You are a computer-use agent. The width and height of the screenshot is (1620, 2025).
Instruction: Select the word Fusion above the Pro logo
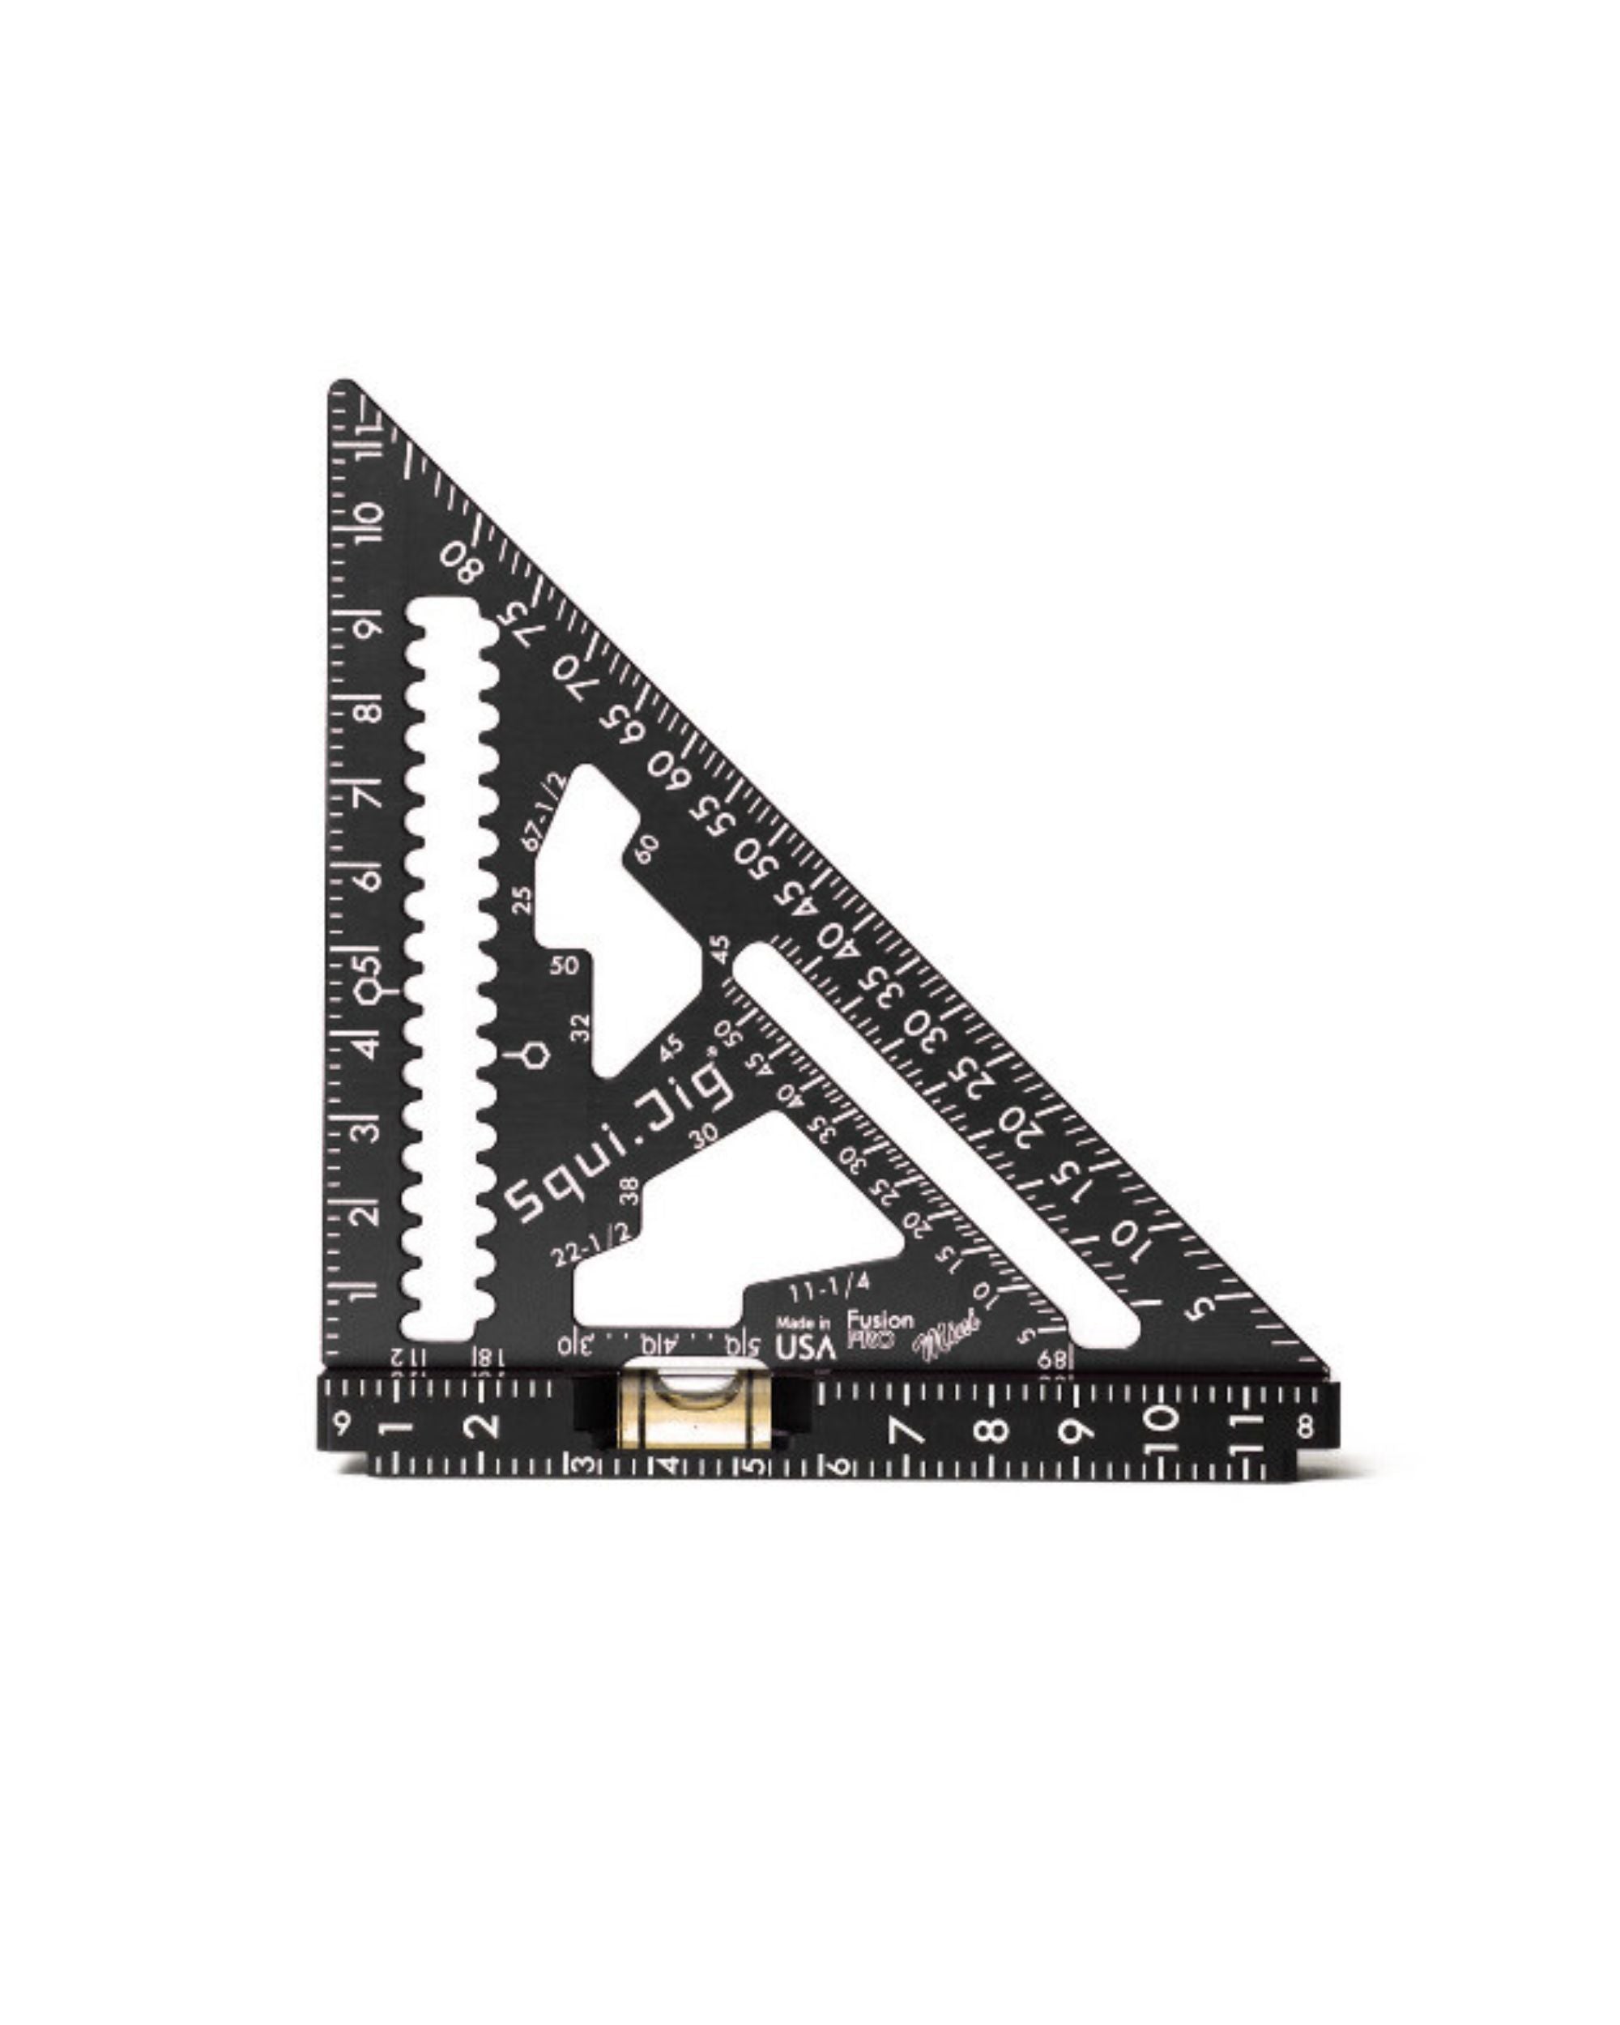click(x=880, y=1319)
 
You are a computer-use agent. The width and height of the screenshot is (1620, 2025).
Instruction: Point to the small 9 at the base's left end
click(x=342, y=1424)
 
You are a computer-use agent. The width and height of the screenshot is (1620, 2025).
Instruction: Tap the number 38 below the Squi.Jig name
click(x=630, y=1191)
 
